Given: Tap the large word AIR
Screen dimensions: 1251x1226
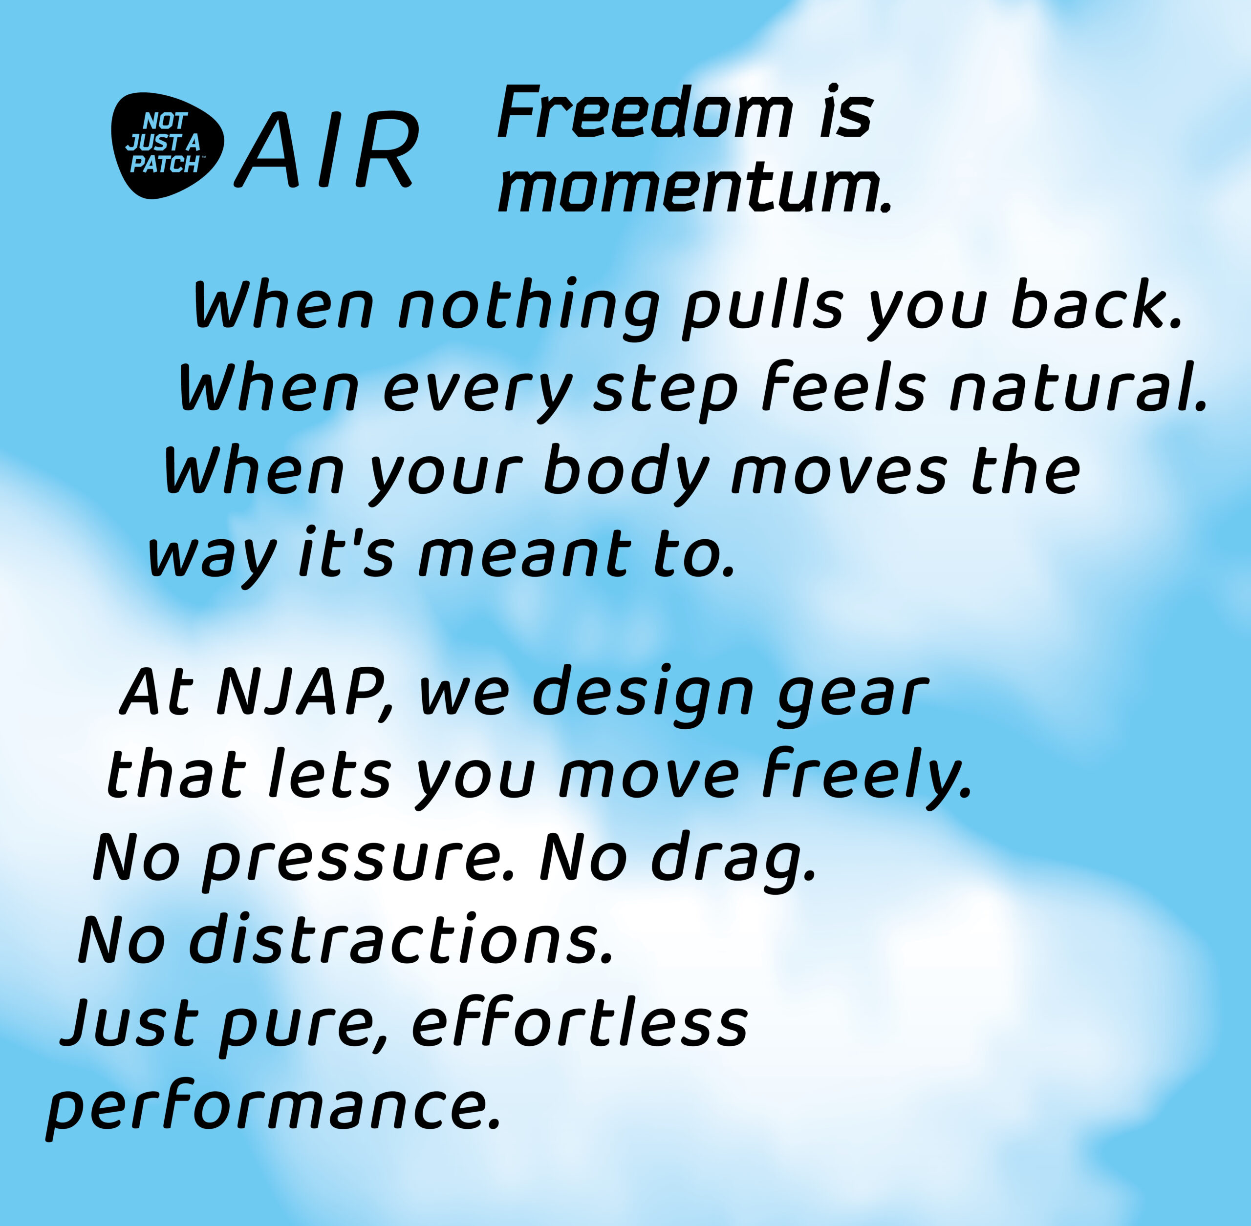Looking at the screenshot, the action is coord(326,150).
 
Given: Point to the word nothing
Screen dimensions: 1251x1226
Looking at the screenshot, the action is coord(529,310).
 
